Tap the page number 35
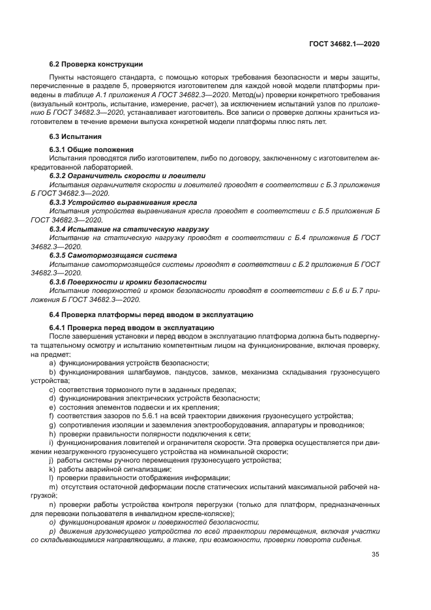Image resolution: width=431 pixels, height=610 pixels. (x=376, y=555)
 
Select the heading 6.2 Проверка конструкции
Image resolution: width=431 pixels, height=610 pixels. (x=96, y=64)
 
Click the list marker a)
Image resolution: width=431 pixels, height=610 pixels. (x=53, y=362)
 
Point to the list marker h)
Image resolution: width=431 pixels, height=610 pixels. (x=53, y=434)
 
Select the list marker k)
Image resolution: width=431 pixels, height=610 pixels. (x=52, y=469)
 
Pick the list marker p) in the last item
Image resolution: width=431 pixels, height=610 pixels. (x=53, y=532)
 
